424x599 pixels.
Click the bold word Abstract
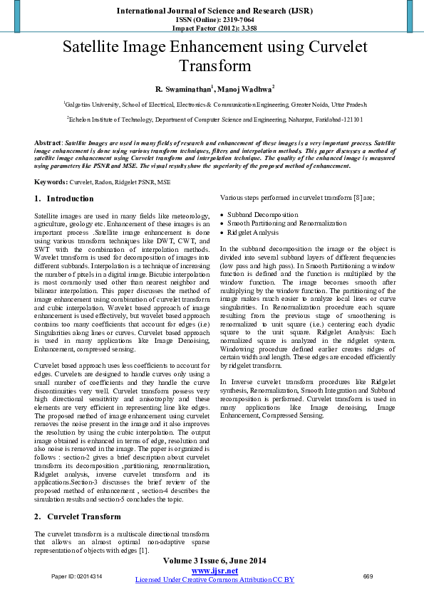tap(48, 143)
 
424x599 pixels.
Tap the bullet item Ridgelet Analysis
tap(253, 233)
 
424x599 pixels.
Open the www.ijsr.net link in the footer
tap(214, 571)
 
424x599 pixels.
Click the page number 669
tap(368, 576)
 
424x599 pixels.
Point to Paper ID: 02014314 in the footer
tap(76, 576)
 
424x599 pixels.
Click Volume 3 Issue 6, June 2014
tap(214, 561)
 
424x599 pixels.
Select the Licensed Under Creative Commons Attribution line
tap(214, 580)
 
